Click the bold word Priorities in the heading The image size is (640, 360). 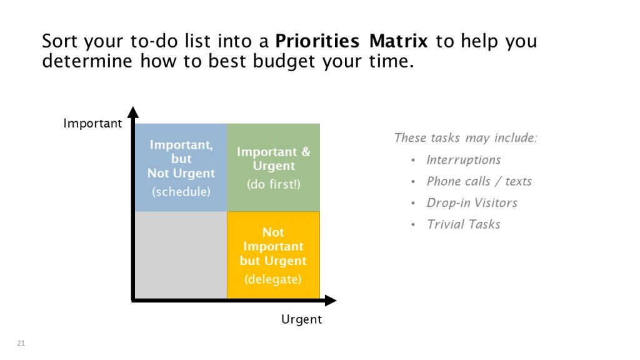[317, 41]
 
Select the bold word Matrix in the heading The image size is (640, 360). [398, 41]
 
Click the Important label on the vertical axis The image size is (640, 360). [92, 123]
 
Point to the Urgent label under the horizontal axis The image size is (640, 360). [302, 319]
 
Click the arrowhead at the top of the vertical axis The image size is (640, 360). [133, 112]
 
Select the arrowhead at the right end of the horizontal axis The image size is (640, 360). [331, 301]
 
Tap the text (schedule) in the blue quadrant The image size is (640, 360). [181, 191]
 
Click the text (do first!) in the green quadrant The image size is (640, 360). [274, 184]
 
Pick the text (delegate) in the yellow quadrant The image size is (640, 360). [273, 279]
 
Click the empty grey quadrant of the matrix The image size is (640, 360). [181, 255]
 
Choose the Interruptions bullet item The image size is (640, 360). [464, 160]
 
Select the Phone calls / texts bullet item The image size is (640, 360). [479, 181]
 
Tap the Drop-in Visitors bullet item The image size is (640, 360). [472, 203]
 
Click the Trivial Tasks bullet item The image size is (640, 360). [463, 224]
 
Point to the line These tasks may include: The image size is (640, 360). [466, 138]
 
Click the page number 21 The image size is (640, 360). [21, 343]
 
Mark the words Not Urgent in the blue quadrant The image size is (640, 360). [181, 174]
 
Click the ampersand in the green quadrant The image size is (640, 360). [306, 152]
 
